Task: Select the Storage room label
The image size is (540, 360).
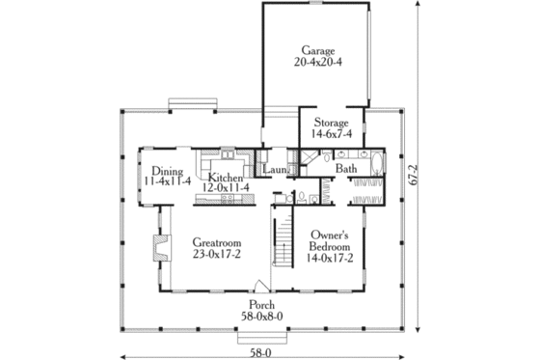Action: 329,124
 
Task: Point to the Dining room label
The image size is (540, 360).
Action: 160,168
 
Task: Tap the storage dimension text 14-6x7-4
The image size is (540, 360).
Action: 329,136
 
